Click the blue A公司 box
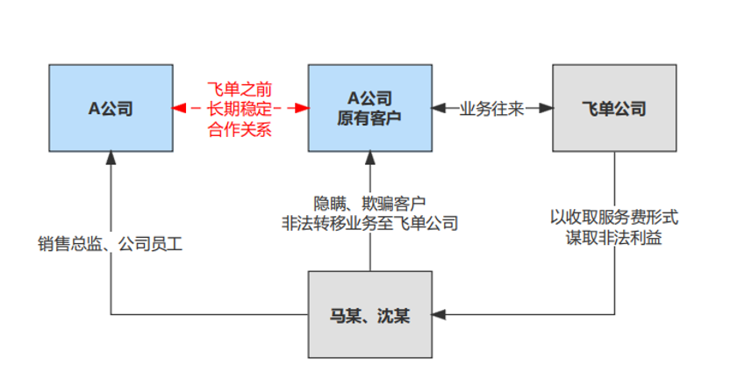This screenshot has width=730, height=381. click(110, 108)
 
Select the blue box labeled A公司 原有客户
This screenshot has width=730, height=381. click(369, 108)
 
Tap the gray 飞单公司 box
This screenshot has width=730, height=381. click(613, 108)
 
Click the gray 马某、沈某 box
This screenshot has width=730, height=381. click(369, 314)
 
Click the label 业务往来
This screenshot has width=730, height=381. click(491, 109)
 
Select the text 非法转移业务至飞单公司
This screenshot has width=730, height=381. click(369, 223)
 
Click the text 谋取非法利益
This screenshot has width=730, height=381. click(614, 237)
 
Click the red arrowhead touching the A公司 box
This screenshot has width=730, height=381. click(178, 109)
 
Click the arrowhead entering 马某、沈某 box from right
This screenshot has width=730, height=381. click(440, 314)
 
